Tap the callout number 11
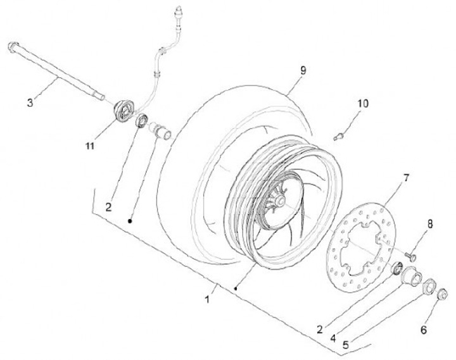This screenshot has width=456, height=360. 90,146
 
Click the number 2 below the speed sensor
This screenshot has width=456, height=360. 109,207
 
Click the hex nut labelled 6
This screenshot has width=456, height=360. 443,294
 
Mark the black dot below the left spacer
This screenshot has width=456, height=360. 130,221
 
